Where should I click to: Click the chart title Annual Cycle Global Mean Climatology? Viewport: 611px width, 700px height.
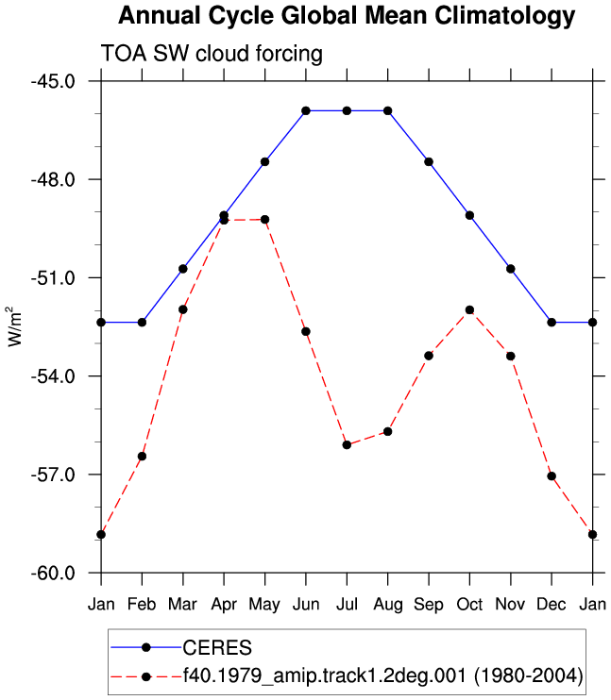pos(347,16)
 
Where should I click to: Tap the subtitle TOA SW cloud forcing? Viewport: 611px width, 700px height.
pos(212,54)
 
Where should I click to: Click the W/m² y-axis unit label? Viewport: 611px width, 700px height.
pos(14,326)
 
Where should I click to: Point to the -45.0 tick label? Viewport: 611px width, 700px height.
pos(53,81)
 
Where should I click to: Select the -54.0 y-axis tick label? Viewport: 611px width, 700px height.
pos(53,376)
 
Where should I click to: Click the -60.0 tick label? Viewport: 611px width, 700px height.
pos(53,573)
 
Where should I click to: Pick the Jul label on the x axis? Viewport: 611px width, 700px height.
pos(347,605)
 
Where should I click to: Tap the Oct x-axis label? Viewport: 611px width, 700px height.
pos(469,605)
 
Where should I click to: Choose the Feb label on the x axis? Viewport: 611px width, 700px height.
pos(142,605)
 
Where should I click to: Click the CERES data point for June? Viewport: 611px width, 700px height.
pos(306,110)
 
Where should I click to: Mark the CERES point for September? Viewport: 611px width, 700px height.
pos(429,161)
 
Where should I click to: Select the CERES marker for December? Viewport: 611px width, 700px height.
pos(552,323)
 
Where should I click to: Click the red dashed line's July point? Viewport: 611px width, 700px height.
pos(347,445)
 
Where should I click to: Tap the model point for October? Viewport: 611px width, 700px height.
pos(469,309)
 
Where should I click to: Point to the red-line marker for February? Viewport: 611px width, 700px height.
pos(142,457)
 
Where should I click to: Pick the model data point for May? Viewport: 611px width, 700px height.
pos(264,220)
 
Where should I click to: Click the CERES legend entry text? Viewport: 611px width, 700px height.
pos(217,648)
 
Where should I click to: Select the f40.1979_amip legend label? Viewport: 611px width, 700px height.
pos(383,676)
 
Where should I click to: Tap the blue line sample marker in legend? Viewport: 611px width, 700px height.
pos(145,648)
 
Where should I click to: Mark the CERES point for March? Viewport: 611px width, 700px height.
pos(183,269)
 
